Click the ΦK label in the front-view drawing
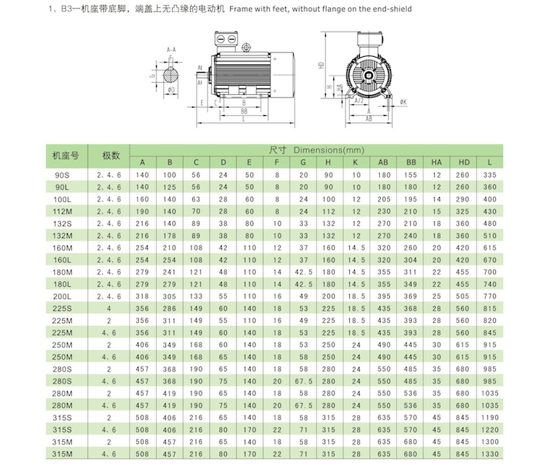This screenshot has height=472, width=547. pos(404,102)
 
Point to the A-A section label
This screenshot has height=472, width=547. pos(171,50)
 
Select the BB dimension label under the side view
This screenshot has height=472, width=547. pos(244,112)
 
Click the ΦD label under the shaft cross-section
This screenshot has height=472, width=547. pos(171,90)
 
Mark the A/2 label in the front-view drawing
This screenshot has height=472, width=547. pos(358,101)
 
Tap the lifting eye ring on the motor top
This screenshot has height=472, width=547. pos(246,48)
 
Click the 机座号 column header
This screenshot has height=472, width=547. pos(65,155)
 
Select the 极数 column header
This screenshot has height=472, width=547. pos(110,155)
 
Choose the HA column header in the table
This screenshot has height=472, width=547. pos(436,161)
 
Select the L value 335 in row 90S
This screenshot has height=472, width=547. pos(490,175)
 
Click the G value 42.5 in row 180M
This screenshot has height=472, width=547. pos(303,272)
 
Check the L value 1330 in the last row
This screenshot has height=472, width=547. pos(490,454)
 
